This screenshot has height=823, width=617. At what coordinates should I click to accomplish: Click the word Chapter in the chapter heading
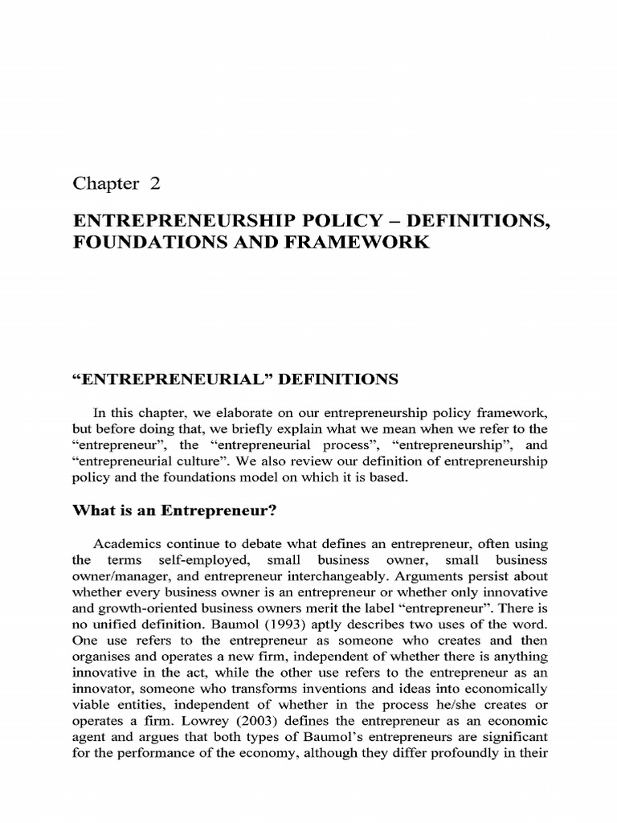105,183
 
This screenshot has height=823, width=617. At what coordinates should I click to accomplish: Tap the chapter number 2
155,183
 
